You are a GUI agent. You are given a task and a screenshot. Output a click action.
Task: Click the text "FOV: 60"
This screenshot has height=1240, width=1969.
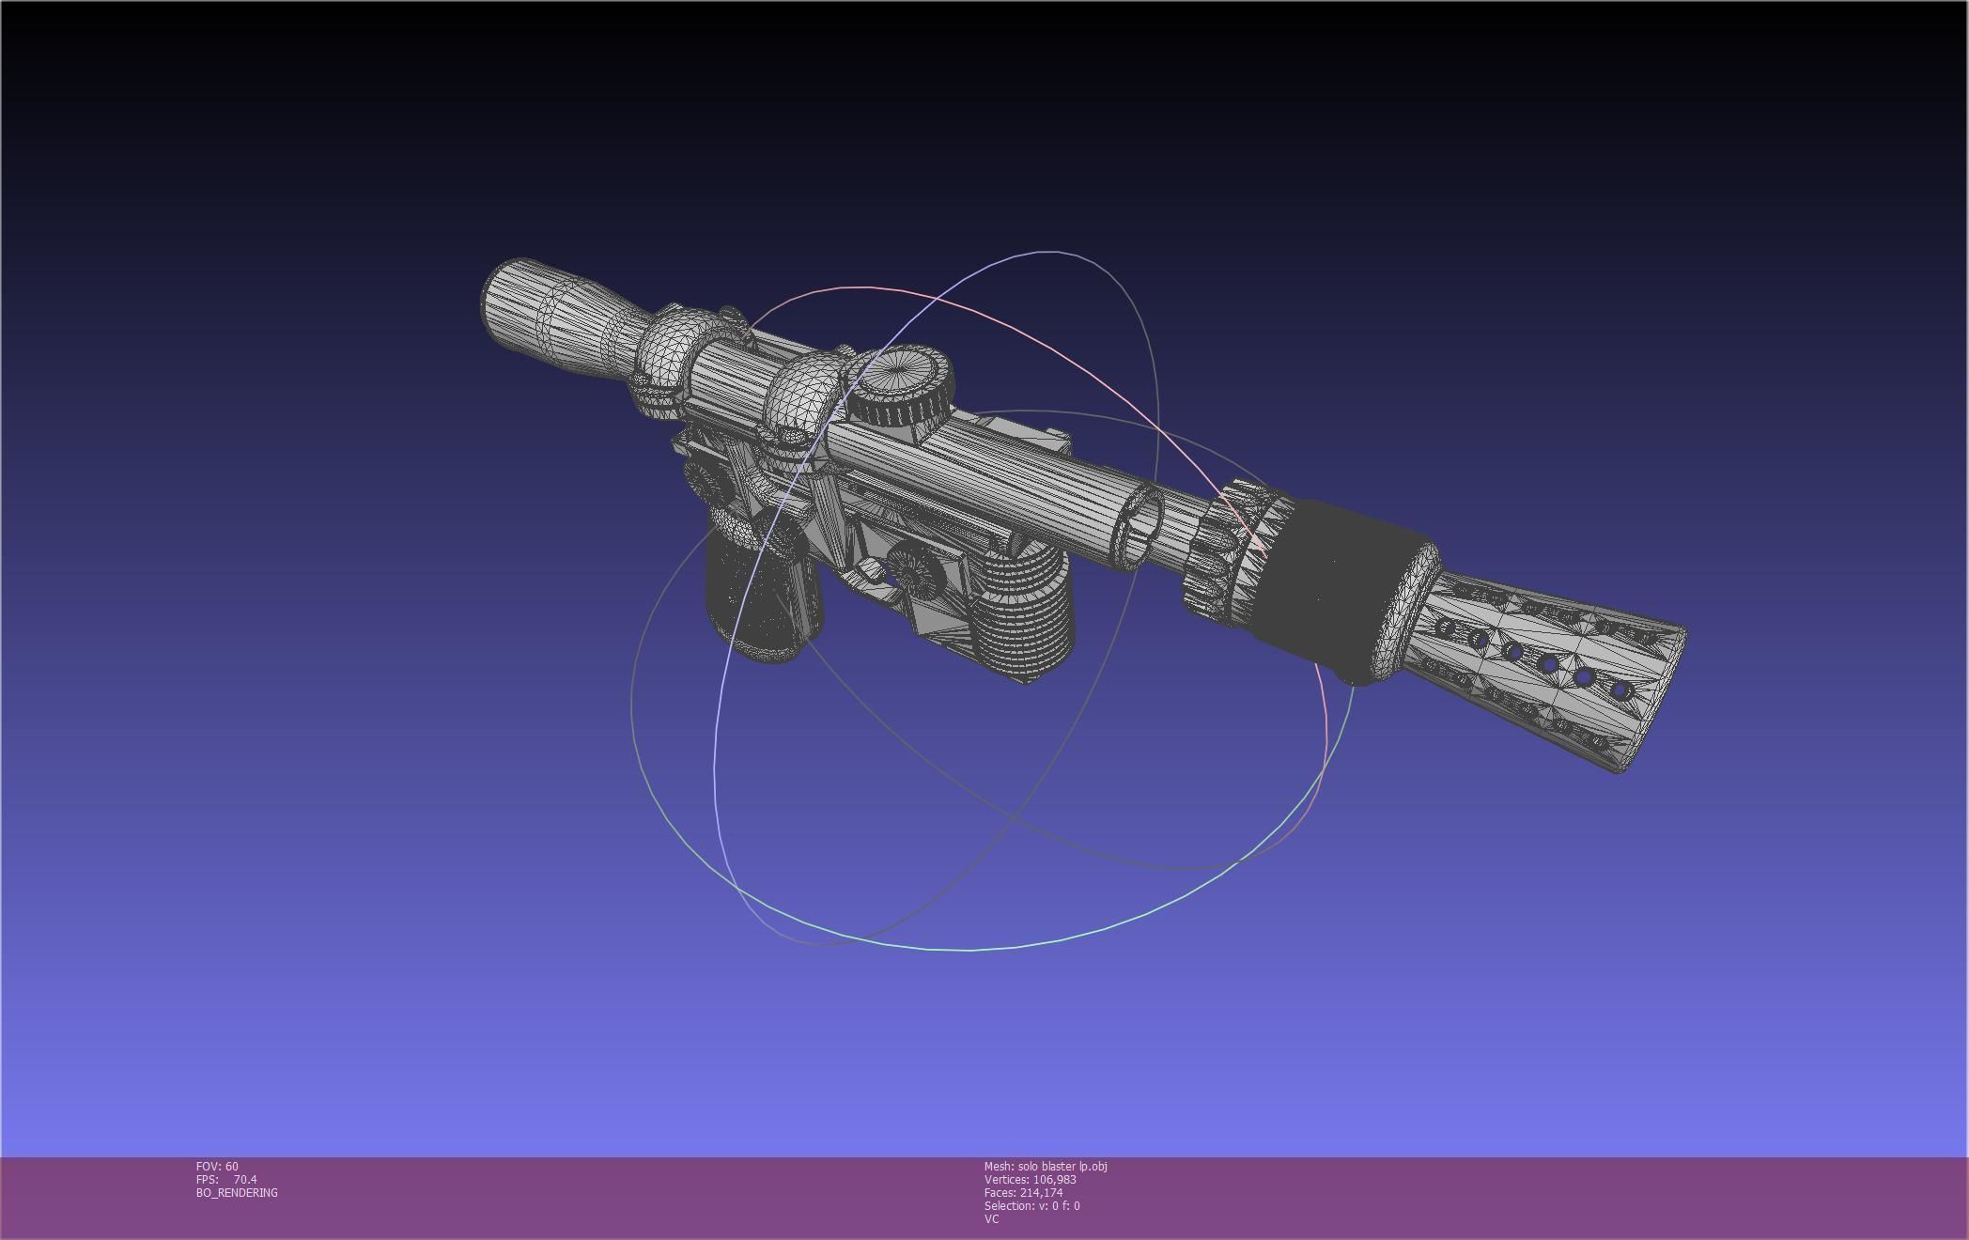(217, 1166)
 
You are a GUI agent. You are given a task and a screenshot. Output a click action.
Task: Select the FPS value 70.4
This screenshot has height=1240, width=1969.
(245, 1179)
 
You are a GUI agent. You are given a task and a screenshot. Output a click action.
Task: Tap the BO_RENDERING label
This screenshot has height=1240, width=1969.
(237, 1192)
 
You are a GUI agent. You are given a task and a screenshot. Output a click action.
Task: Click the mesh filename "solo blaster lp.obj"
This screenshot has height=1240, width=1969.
(1062, 1166)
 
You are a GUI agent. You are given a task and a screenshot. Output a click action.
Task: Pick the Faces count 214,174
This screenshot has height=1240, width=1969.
(1042, 1192)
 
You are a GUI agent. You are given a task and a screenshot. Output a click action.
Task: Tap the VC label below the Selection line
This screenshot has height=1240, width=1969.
(991, 1218)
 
